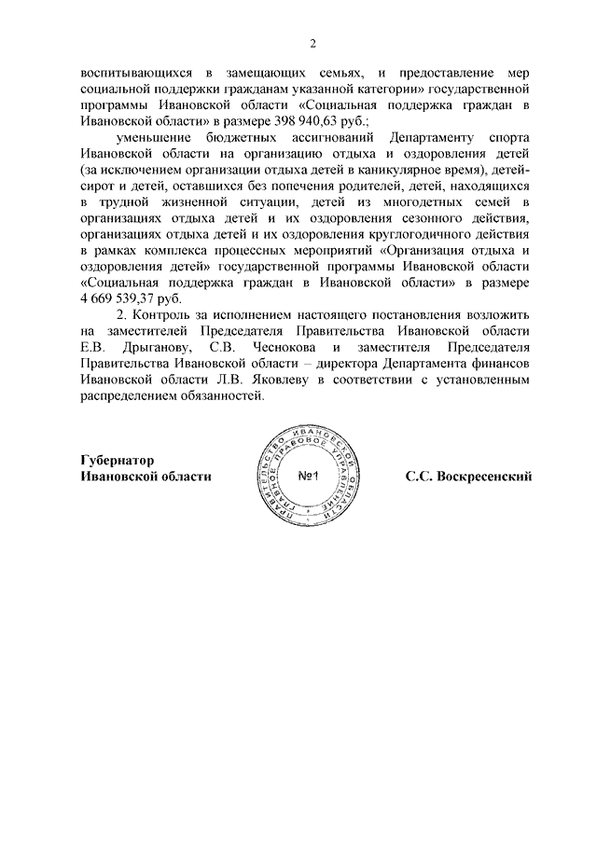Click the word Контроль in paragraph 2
(x=157, y=314)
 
